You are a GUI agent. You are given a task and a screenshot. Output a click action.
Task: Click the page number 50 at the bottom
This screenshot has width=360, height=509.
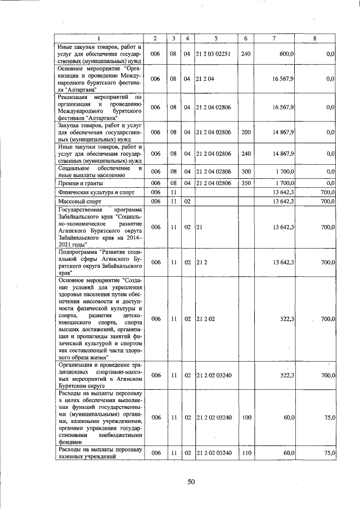[191, 481]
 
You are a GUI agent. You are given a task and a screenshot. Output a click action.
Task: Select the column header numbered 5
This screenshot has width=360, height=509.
[216, 38]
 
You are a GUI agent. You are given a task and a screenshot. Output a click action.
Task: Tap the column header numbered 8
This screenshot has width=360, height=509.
[314, 38]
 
